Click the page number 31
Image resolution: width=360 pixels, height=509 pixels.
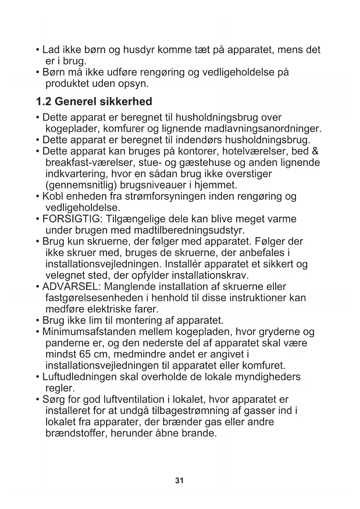pyautogui.click(x=179, y=481)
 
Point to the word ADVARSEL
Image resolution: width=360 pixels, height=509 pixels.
pyautogui.click(x=71, y=286)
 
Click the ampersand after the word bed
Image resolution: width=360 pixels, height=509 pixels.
pyautogui.click(x=315, y=151)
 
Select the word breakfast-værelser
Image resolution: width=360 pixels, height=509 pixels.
pyautogui.click(x=89, y=163)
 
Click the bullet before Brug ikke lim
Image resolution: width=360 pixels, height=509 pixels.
pyautogui.click(x=38, y=321)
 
